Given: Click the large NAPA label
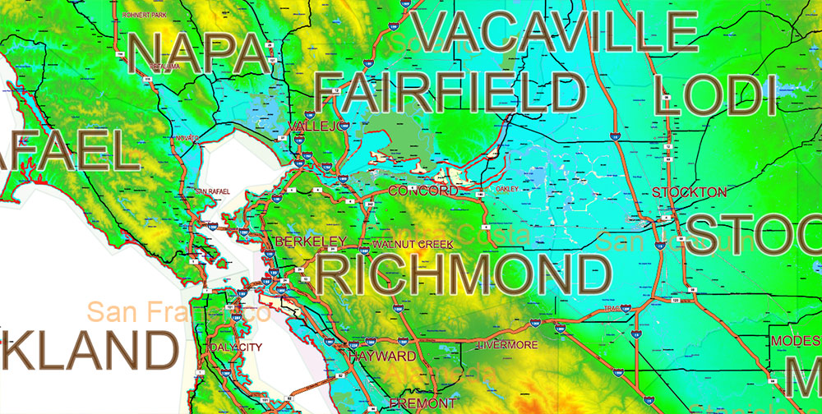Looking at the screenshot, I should tap(199, 52).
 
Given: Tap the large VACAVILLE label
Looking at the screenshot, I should tap(556, 32).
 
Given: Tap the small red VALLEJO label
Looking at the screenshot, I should tap(315, 126).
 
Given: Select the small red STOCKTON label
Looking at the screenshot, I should tap(689, 192).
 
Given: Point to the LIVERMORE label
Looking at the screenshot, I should tap(510, 343).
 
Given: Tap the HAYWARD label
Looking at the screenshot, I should tap(381, 356).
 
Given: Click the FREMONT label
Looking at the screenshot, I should tap(422, 402).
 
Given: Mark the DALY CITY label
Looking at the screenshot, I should tap(237, 347).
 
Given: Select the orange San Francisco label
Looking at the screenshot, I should tap(179, 312).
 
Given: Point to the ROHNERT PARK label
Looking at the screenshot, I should tap(143, 15).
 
